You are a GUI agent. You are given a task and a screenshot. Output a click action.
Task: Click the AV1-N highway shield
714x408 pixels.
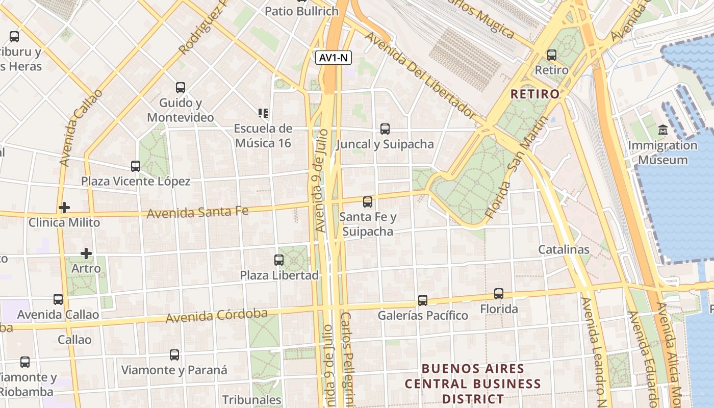(x=334, y=58)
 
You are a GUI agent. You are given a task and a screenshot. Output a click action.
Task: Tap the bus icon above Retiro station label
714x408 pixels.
(x=552, y=55)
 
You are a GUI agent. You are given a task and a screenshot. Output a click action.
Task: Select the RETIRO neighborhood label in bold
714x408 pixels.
(x=535, y=94)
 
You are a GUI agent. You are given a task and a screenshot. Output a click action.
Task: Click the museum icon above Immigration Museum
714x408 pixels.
(x=663, y=130)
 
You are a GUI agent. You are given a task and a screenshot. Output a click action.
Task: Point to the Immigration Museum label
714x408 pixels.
(x=662, y=152)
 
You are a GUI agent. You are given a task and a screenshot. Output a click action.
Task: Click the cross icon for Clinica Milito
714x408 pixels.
(x=64, y=208)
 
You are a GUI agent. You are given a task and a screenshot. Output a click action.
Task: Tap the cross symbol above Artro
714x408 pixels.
(x=86, y=253)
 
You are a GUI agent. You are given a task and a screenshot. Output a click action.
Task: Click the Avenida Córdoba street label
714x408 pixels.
(x=216, y=315)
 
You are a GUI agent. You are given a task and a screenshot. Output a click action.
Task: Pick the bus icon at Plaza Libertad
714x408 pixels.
(x=279, y=260)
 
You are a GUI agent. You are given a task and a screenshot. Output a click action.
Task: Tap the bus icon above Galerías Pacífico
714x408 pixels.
(x=423, y=300)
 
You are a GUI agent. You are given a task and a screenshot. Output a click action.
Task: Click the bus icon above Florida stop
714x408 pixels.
(x=499, y=294)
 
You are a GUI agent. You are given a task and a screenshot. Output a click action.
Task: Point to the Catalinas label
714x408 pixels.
(x=564, y=249)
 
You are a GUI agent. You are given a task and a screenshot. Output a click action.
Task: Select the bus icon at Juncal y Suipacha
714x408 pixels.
(x=385, y=129)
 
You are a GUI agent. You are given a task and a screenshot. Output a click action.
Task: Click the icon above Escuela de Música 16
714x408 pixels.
(x=263, y=113)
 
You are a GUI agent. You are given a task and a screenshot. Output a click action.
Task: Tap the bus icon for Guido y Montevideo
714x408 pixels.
(x=181, y=88)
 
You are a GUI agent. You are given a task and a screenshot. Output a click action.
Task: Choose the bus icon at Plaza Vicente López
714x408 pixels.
(x=136, y=166)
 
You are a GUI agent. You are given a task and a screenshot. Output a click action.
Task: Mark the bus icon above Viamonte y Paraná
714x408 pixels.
(x=174, y=355)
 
